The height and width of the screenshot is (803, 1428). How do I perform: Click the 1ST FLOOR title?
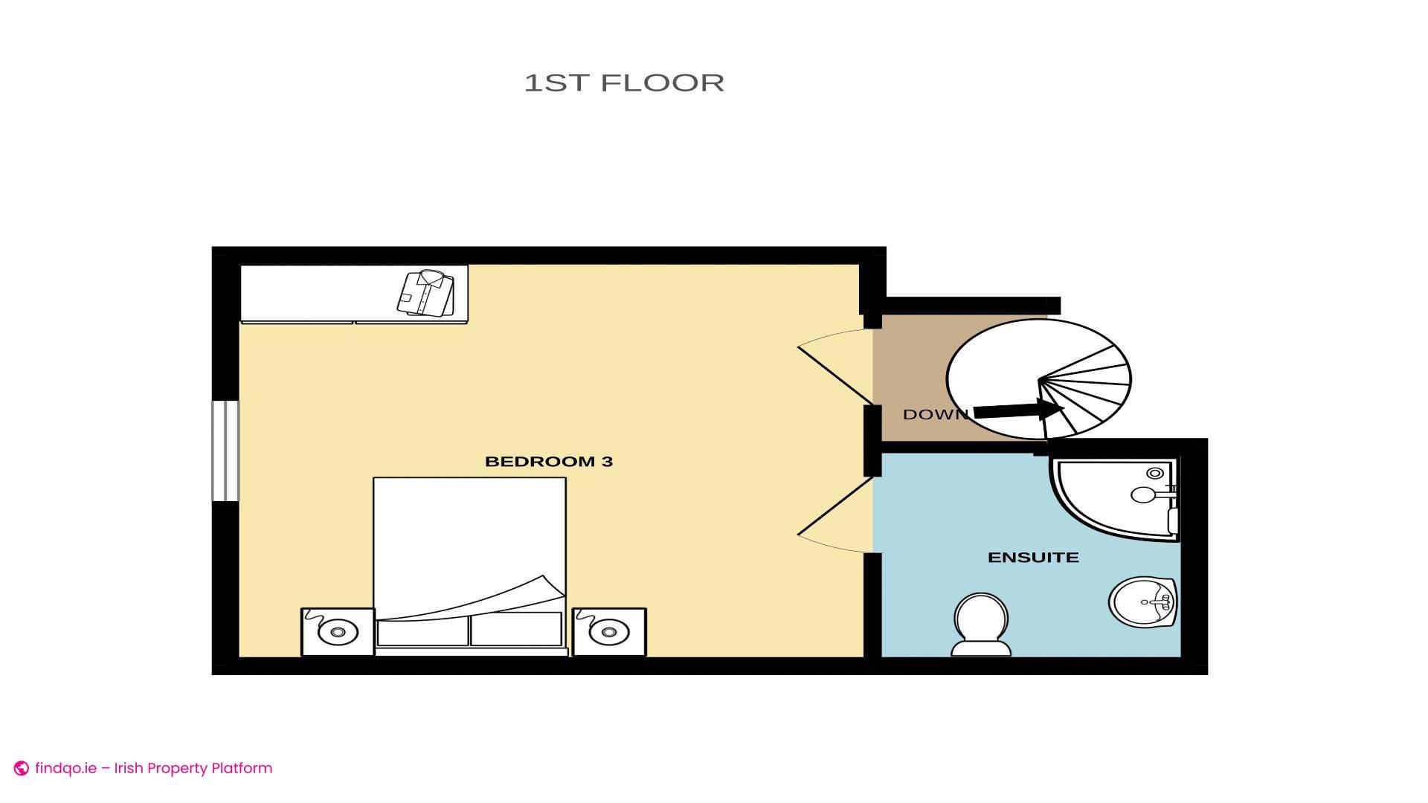(x=624, y=83)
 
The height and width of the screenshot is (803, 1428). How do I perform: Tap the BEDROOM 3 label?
(x=549, y=462)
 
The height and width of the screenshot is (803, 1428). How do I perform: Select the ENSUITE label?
(x=1033, y=558)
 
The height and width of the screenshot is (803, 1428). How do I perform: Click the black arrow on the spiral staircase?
(x=1019, y=410)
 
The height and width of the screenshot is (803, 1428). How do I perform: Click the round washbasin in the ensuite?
(x=1143, y=601)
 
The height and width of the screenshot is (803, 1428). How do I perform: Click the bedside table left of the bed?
(x=338, y=632)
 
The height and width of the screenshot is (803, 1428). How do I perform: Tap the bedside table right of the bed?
(x=609, y=632)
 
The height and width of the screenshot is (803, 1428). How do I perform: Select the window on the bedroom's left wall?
(x=225, y=451)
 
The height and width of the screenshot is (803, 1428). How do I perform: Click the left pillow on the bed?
(x=422, y=630)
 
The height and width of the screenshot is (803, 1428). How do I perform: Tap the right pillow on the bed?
(x=516, y=630)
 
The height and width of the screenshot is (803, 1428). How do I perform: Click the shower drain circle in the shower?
(x=1155, y=473)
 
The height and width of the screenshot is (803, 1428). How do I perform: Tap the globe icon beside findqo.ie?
(x=22, y=769)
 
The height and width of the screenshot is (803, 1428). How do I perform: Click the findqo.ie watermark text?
(x=65, y=768)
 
